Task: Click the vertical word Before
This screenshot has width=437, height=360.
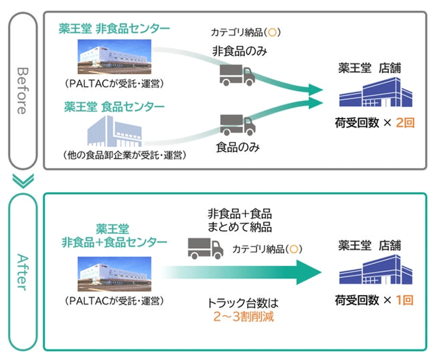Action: pyautogui.click(x=23, y=91)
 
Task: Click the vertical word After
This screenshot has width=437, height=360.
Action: pyautogui.click(x=23, y=272)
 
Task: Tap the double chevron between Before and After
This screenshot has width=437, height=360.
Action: pyautogui.click(x=23, y=181)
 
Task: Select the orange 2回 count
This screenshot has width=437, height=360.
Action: pyautogui.click(x=405, y=123)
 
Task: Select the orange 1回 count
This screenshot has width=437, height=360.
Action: pyautogui.click(x=405, y=300)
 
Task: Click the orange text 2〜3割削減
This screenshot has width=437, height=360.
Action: pyautogui.click(x=243, y=316)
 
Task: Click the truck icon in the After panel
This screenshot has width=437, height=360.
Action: pyautogui.click(x=205, y=248)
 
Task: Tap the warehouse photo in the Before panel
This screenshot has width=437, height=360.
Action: pyautogui.click(x=114, y=57)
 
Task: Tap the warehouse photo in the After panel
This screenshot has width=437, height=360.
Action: pyautogui.click(x=114, y=274)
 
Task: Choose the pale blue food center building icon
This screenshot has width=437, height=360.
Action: pyautogui.click(x=114, y=131)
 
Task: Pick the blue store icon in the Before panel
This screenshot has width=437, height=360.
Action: pyautogui.click(x=376, y=92)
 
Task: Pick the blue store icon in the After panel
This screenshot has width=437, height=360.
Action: pyautogui.click(x=376, y=270)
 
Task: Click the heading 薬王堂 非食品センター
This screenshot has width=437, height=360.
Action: pyautogui.click(x=114, y=29)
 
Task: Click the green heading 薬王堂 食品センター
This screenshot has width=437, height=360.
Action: pyautogui.click(x=114, y=107)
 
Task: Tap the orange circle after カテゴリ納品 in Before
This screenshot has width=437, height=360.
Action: pyautogui.click(x=272, y=32)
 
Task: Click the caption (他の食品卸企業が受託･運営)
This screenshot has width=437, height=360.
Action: pyautogui.click(x=125, y=155)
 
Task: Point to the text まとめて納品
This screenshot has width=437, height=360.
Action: pyautogui.click(x=240, y=227)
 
